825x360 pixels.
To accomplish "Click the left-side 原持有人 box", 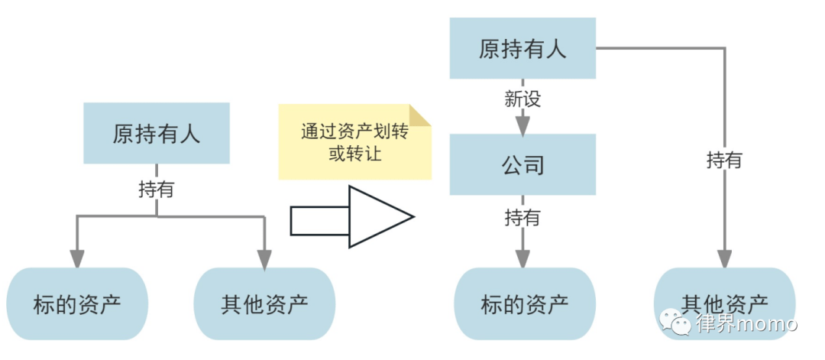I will [156, 133].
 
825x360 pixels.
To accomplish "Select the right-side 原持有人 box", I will [522, 49].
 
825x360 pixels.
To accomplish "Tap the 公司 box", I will [522, 164].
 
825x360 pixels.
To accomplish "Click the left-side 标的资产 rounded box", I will [77, 304].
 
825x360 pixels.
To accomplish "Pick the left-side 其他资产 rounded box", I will [264, 304].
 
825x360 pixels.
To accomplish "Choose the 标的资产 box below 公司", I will [524, 304].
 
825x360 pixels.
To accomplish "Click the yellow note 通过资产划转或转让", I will [354, 142].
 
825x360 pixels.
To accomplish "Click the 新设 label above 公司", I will [522, 99].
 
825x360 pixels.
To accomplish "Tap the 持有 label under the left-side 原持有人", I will [156, 189].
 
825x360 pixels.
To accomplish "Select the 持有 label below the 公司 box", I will [522, 217].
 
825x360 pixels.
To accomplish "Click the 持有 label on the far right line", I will [723, 160].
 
